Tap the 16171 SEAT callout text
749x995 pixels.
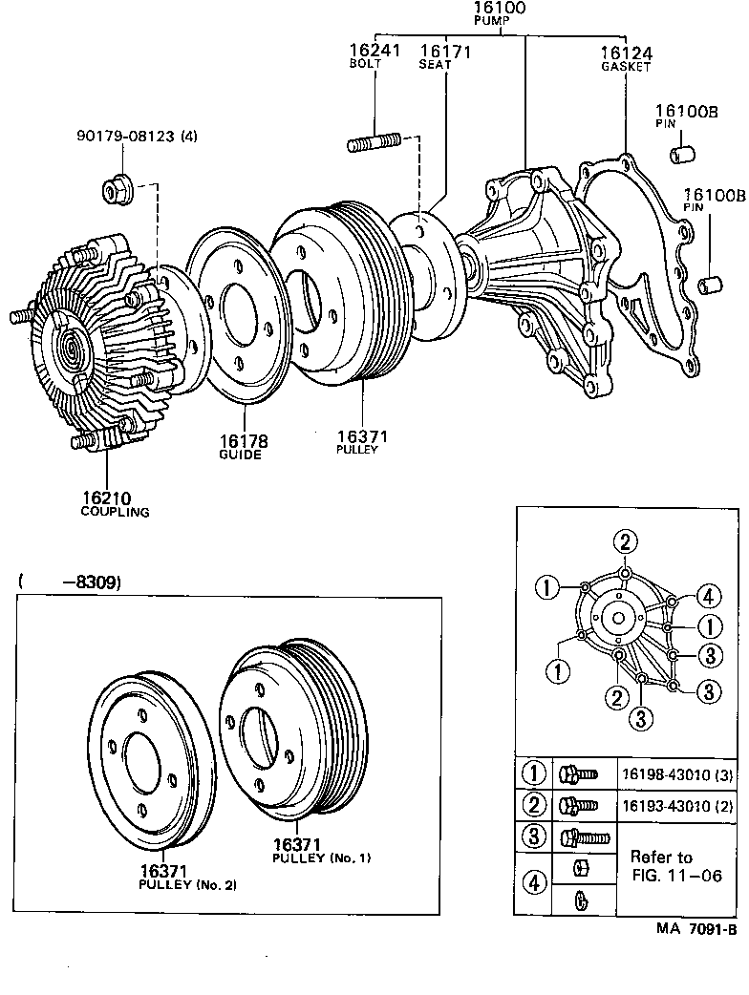pos(444,55)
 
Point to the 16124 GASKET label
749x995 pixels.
pos(626,59)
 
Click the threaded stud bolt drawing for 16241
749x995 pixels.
pos(374,145)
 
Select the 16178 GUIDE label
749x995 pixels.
pos(243,447)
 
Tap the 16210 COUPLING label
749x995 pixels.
pos(114,503)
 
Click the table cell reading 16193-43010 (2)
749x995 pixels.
pos(678,806)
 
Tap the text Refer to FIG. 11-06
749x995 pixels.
pos(674,867)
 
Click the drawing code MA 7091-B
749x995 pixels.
pos(695,928)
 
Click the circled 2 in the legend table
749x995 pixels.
pos(533,806)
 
